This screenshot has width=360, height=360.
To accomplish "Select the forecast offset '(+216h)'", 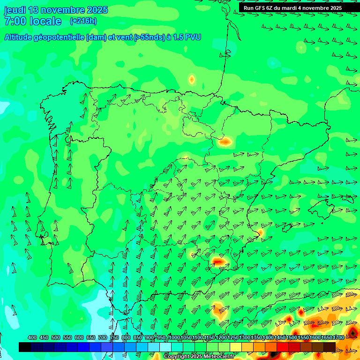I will [x=83, y=21].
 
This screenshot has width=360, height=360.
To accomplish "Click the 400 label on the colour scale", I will [x=32, y=338].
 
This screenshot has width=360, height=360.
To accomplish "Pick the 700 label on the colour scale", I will [x=103, y=338].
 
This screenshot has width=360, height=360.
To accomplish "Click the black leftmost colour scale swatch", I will [x=25, y=347].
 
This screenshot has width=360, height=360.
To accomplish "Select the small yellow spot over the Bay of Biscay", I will [x=192, y=79].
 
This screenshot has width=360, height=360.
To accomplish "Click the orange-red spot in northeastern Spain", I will [x=225, y=141].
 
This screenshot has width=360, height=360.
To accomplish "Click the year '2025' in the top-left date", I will [x=97, y=10].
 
